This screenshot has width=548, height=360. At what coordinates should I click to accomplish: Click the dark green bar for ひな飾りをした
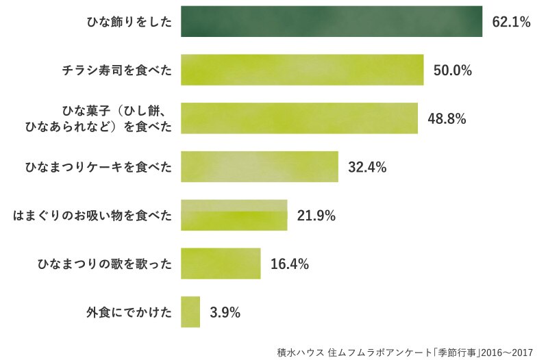(x=332, y=21)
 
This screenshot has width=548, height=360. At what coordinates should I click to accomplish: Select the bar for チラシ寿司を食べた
(x=302, y=70)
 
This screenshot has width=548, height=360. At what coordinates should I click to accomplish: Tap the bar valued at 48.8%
(x=299, y=118)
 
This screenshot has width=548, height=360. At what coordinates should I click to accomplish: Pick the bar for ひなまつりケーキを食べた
(x=260, y=166)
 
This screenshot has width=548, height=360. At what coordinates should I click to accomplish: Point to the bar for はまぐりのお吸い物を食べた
(x=234, y=215)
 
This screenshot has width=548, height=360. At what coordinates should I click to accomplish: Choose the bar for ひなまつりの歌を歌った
(x=221, y=263)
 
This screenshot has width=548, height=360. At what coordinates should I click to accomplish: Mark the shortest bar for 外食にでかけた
(x=190, y=312)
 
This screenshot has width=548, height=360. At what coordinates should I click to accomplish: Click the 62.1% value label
(x=511, y=22)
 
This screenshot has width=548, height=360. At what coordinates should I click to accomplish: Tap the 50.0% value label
(x=453, y=70)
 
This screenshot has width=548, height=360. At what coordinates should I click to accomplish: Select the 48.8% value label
(x=447, y=118)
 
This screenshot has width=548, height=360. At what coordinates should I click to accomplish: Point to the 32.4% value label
(x=367, y=167)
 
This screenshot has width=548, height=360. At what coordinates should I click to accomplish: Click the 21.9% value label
(x=316, y=216)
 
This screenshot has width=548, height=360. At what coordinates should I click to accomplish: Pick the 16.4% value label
(x=290, y=264)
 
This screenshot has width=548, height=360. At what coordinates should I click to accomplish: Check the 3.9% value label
(x=225, y=312)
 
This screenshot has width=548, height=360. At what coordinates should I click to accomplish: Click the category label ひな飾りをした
(x=129, y=22)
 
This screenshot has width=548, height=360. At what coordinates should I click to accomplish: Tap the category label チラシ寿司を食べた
(x=117, y=70)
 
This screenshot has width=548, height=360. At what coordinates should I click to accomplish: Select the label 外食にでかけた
(x=129, y=312)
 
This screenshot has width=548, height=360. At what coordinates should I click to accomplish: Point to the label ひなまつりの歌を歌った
(x=105, y=263)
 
